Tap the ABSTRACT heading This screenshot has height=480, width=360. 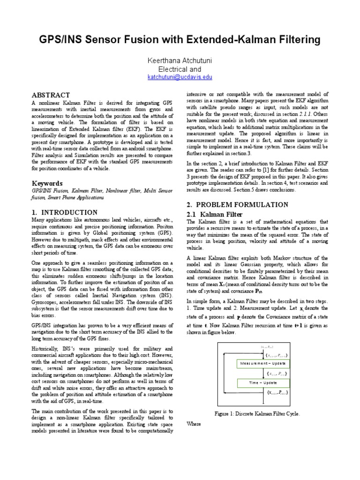[x=51, y=95]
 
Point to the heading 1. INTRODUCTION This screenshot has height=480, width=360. [x=65, y=212]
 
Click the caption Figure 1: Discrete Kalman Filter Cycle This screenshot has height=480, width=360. [x=257, y=413]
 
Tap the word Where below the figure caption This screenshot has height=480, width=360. [x=194, y=424]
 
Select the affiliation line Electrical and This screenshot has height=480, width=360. [x=180, y=69]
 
